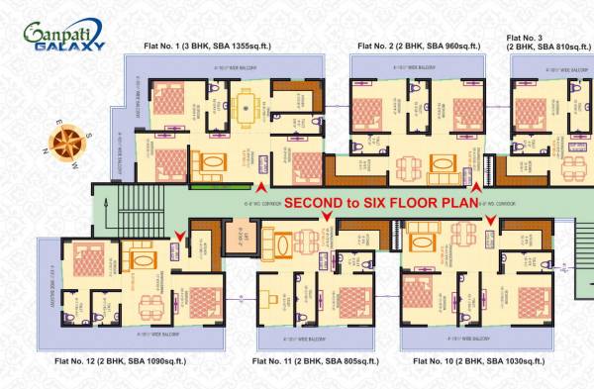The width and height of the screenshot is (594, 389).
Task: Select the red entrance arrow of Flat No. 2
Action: click(x=477, y=186)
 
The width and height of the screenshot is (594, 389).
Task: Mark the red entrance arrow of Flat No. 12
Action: click(x=178, y=234)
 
